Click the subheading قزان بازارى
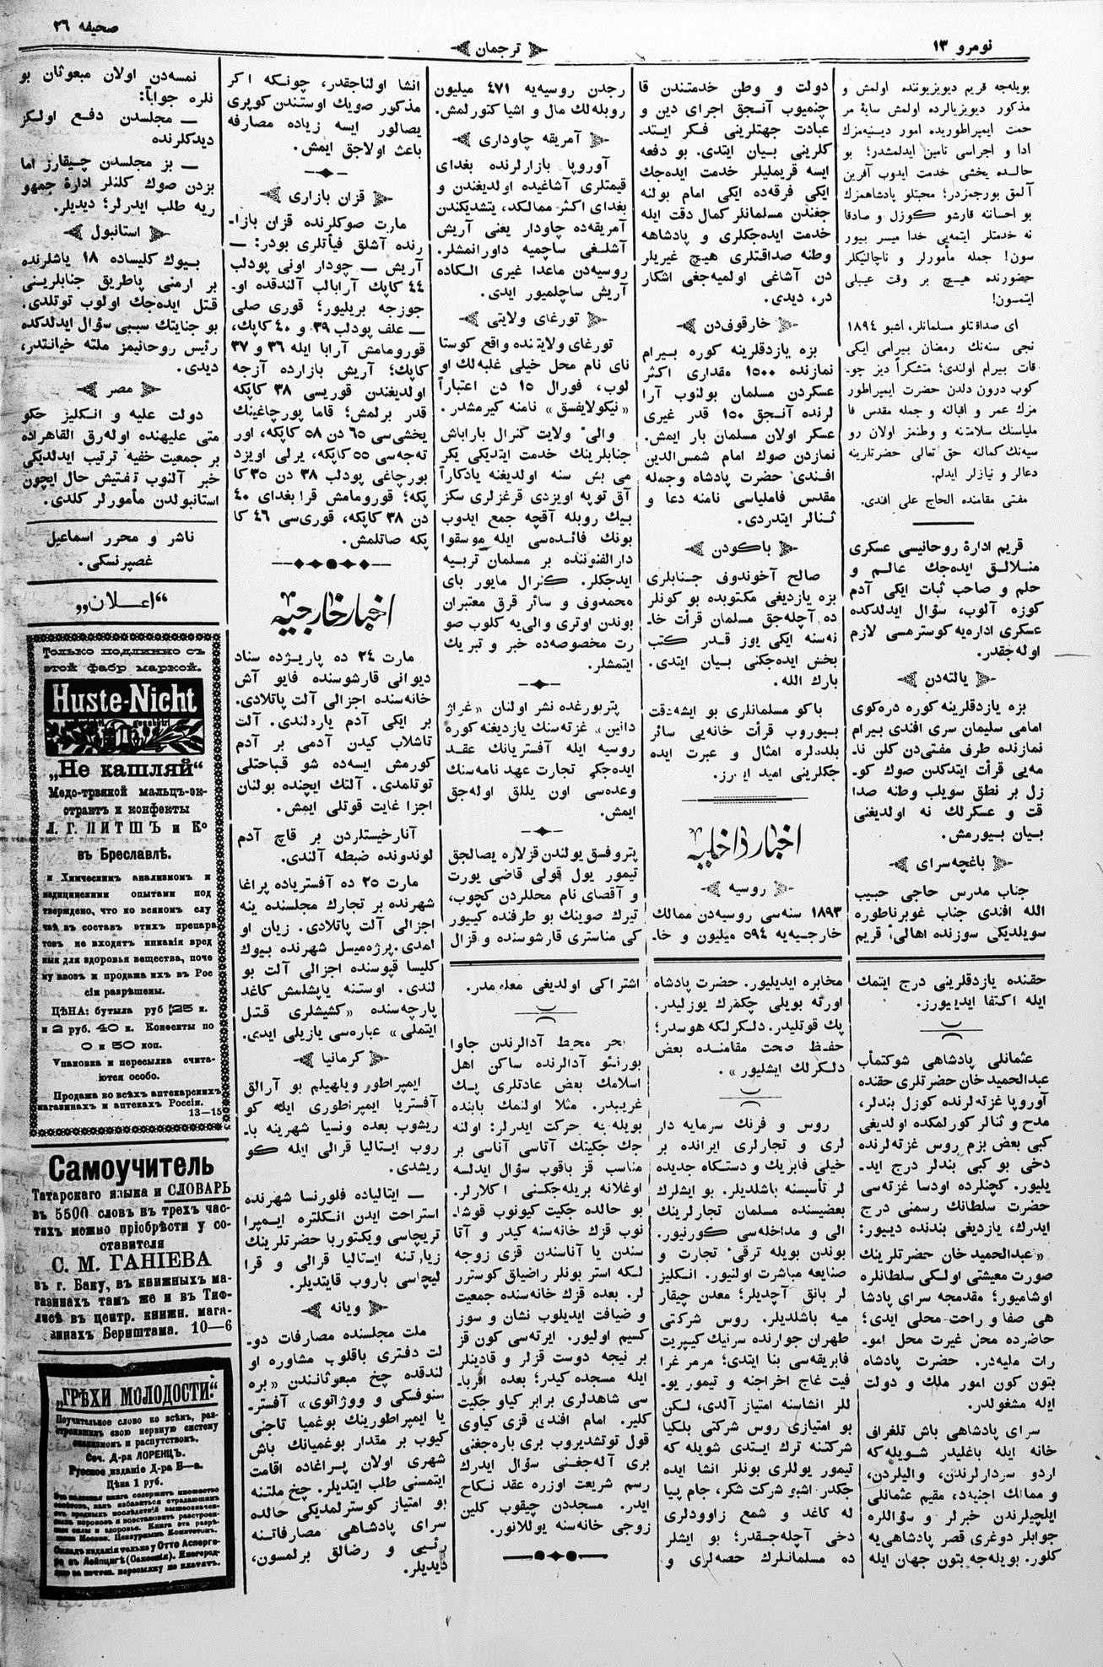click(x=327, y=197)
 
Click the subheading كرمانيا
click(x=327, y=1055)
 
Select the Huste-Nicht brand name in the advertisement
click(x=125, y=700)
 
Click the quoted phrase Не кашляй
click(x=124, y=769)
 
